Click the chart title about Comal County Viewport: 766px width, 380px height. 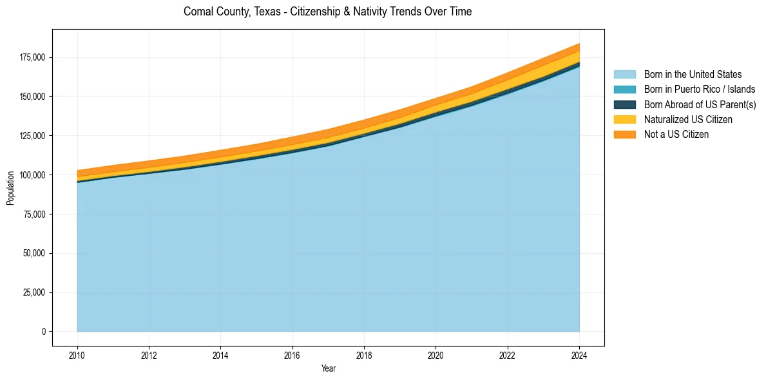coord(327,12)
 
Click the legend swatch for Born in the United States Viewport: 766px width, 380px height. coord(624,75)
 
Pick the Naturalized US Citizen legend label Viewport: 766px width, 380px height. coord(688,119)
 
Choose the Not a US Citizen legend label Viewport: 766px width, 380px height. coord(676,135)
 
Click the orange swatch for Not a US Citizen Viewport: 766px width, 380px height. coord(624,135)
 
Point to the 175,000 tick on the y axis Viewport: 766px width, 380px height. coord(33,57)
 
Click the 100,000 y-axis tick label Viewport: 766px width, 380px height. coord(33,175)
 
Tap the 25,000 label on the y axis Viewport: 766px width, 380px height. coord(35,292)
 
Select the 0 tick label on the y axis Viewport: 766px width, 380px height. coord(44,332)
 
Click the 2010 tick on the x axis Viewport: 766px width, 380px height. coord(77,354)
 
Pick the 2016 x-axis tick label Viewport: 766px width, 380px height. coord(292,354)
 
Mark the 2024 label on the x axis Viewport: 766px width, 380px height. coord(579,354)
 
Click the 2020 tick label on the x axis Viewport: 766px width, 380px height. coord(436,354)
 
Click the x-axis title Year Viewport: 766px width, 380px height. coord(328,368)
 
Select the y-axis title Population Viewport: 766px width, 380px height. coord(10,188)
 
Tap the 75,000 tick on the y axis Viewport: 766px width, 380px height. coord(35,214)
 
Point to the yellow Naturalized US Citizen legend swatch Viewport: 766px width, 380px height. coord(624,119)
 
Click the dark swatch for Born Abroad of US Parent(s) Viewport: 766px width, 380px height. coord(624,104)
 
